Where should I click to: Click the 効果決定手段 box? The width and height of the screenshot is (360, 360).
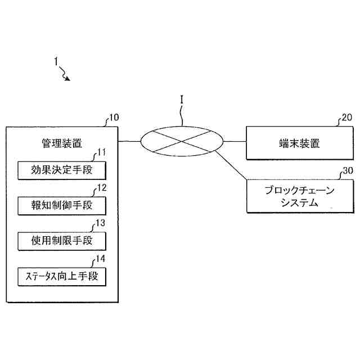click(62, 170)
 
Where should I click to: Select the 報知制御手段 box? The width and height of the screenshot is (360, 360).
click(62, 204)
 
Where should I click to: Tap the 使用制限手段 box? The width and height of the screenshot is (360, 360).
click(62, 241)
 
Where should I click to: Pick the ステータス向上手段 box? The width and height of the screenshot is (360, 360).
click(62, 276)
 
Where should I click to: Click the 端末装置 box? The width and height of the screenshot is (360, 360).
click(299, 143)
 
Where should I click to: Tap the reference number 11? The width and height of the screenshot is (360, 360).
click(102, 152)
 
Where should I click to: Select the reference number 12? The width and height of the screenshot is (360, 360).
click(102, 187)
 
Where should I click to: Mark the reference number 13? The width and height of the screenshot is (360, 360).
click(101, 223)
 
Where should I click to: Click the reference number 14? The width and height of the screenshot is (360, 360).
click(101, 259)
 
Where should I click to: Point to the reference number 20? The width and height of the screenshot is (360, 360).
click(346, 118)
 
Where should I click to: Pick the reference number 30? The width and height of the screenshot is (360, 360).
click(347, 170)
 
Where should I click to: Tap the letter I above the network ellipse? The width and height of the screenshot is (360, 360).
click(182, 99)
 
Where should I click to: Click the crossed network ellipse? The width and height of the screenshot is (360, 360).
click(181, 141)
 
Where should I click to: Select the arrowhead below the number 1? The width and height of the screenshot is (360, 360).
click(68, 79)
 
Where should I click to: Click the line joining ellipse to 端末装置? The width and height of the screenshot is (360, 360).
click(235, 142)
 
